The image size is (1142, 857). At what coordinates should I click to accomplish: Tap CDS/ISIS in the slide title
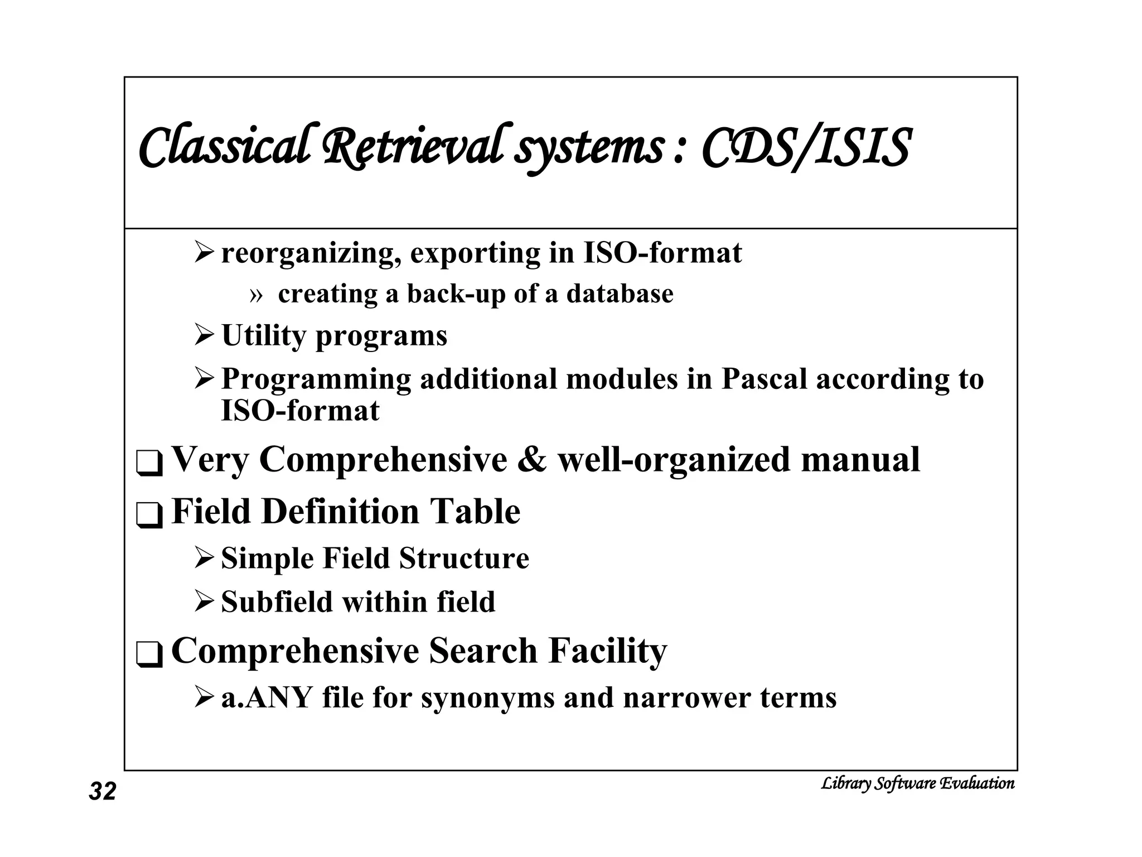pos(806,147)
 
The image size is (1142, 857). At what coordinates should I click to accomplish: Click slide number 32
pos(103,792)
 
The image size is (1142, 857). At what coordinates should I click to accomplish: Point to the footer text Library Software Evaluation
pos(917,783)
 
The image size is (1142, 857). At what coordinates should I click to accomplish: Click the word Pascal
pos(764,379)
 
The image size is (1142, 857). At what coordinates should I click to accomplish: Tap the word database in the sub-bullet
pos(620,293)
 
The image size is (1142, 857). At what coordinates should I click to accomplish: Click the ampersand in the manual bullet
pos(532,460)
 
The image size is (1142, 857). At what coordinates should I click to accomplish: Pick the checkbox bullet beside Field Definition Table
pos(149,515)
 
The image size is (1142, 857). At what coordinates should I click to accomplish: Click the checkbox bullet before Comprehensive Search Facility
pos(149,654)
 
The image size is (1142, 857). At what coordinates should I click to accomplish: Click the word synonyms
pos(488,698)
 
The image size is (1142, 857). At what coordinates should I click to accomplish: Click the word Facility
pos(607,651)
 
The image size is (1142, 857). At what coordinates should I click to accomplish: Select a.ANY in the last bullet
pos(266,698)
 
